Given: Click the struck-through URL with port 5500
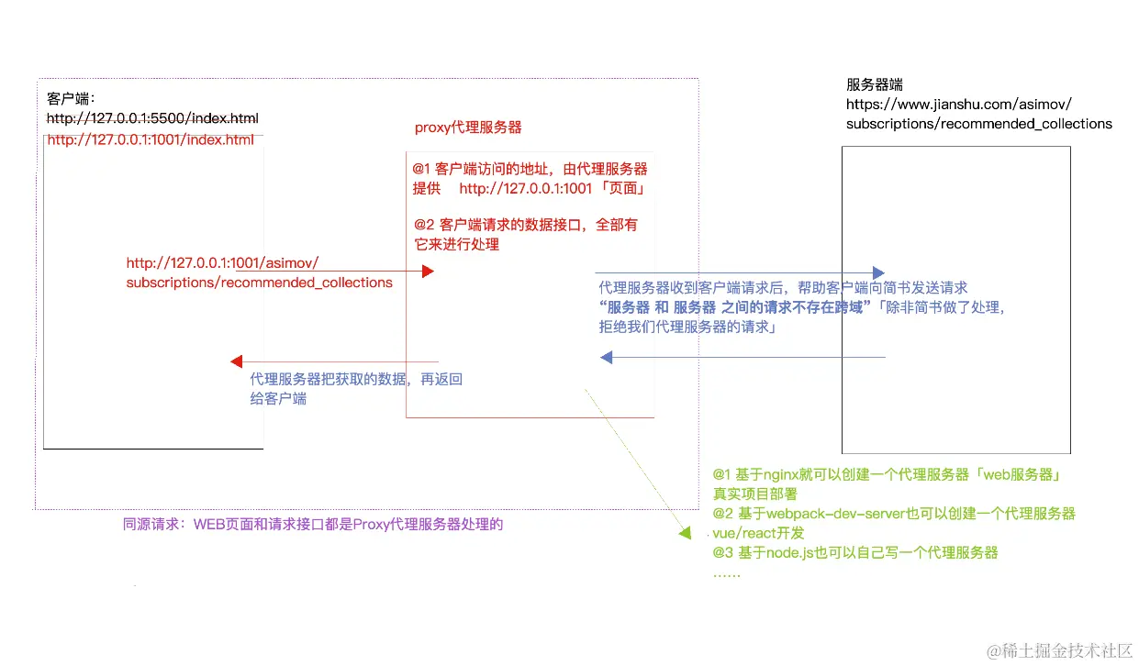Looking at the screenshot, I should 152,118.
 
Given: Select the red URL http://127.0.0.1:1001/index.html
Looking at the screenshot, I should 151,139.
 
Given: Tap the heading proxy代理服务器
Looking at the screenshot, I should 468,128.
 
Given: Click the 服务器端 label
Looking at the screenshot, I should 874,84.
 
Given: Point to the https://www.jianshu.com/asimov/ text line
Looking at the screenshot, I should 958,104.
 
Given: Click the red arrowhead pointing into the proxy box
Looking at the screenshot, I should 427,272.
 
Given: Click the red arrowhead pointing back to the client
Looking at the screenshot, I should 236,361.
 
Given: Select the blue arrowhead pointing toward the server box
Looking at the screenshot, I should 878,272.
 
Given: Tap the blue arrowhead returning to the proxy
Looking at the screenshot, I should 606,357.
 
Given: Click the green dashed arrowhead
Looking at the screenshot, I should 684,533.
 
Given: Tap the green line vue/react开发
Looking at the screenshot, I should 758,533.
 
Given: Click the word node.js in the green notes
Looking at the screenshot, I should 795,552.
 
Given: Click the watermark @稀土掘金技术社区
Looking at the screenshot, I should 1059,650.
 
